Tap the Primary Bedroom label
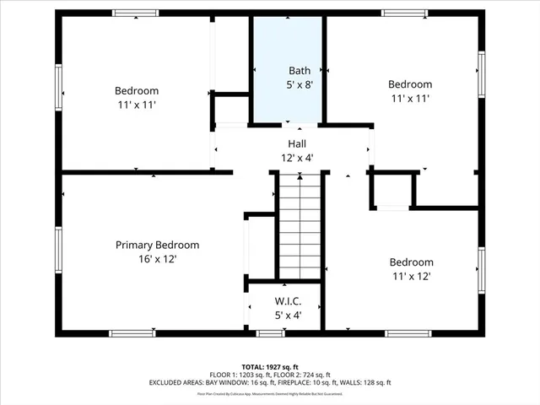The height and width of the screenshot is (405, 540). tap(158, 246)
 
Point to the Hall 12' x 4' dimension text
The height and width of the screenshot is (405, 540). tap(296, 158)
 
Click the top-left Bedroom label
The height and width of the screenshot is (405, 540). tap(137, 91)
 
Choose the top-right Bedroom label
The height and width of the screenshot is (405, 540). tap(410, 84)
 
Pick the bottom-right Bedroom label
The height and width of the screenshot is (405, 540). tap(412, 262)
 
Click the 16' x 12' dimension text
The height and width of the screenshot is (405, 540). tap(158, 260)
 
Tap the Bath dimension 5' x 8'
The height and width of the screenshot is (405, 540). tap(300, 85)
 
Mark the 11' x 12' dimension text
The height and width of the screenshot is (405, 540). tap(412, 277)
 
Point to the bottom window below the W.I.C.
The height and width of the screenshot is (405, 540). tap(269, 334)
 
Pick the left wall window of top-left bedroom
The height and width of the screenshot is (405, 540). tap(59, 91)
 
